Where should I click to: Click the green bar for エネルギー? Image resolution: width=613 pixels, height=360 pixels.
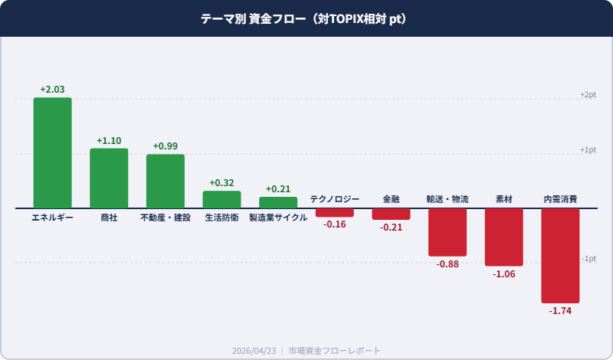[x=52, y=152]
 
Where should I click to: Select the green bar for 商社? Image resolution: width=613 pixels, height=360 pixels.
[x=109, y=178]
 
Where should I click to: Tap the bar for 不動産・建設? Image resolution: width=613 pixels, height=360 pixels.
[x=166, y=181]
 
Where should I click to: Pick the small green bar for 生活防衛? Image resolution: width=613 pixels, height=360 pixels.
[x=221, y=199]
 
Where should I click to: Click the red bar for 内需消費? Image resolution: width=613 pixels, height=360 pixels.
[x=560, y=255]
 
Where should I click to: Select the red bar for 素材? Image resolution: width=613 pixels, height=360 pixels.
[x=503, y=237]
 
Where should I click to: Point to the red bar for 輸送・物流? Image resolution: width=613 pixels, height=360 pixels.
[x=447, y=232]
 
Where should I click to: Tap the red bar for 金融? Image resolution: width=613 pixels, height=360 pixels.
[x=391, y=214]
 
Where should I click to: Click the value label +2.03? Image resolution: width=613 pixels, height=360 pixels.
[x=52, y=90]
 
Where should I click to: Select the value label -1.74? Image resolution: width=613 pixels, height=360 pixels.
[x=560, y=311]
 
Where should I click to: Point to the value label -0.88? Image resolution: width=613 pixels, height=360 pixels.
[x=447, y=264]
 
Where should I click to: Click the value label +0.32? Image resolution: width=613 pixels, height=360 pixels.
[x=221, y=183]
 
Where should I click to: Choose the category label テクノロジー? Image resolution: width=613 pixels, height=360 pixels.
[x=334, y=199]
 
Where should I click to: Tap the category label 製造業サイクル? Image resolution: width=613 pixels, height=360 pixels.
[x=278, y=218]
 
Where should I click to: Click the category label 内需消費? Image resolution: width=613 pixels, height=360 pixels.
[x=560, y=199]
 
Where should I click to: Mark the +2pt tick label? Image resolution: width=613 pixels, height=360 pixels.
[x=588, y=94]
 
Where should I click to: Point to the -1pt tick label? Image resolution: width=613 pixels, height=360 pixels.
[x=588, y=258]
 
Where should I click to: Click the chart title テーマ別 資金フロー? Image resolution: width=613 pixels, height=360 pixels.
[x=252, y=18]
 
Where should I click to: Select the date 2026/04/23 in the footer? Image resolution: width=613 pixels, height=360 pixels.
[x=254, y=350]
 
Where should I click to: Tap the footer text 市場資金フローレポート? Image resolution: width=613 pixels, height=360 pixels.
[x=334, y=350]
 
